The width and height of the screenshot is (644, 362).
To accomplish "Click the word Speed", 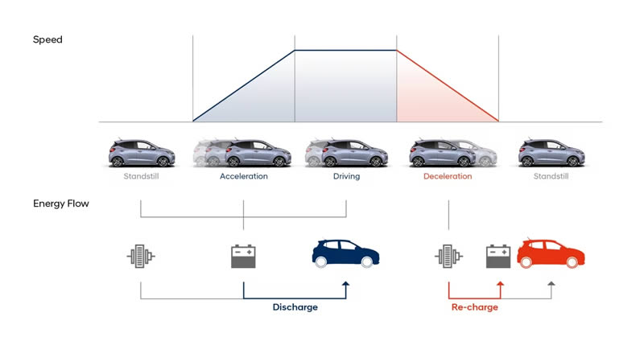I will pyautogui.click(x=47, y=39).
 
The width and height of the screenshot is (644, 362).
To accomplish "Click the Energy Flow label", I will pyautogui.click(x=61, y=204).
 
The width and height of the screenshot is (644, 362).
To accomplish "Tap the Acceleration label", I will pyautogui.click(x=243, y=176).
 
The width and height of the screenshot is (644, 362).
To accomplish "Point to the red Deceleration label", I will pyautogui.click(x=448, y=176).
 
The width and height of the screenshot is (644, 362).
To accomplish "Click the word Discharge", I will pyautogui.click(x=295, y=307).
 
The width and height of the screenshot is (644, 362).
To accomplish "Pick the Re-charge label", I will pyautogui.click(x=474, y=307).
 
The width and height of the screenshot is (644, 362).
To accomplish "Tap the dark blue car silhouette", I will pyautogui.click(x=345, y=253).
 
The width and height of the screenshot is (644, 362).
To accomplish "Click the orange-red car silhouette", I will pyautogui.click(x=551, y=253).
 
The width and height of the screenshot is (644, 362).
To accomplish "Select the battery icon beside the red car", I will pyautogui.click(x=499, y=257).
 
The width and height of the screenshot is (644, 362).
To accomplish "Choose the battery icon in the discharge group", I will pyautogui.click(x=243, y=257).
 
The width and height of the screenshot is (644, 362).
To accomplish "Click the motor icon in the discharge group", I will pyautogui.click(x=141, y=257).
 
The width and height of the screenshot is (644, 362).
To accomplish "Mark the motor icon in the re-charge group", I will pyautogui.click(x=448, y=257).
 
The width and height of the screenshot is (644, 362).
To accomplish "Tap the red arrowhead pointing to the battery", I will pyautogui.click(x=500, y=283).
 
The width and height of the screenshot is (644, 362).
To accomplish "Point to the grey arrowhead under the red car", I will pyautogui.click(x=551, y=283).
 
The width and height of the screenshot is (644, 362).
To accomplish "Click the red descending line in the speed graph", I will pyautogui.click(x=448, y=85).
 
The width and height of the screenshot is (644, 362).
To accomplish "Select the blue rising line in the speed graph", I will pyautogui.click(x=243, y=85).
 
